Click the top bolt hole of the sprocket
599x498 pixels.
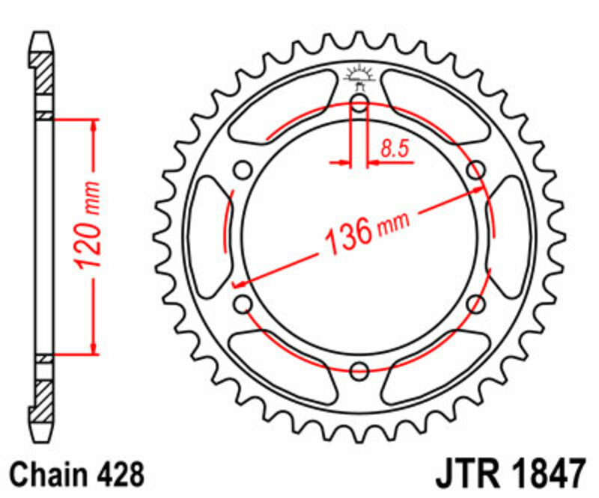[x=359, y=103]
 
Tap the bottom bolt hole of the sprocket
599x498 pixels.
[x=359, y=369]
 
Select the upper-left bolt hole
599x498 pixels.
[x=243, y=170]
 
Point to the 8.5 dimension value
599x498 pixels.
[x=394, y=149]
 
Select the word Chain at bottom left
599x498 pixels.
[x=48, y=474]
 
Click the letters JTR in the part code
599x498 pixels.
[x=463, y=474]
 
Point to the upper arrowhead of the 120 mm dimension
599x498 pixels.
[x=94, y=124]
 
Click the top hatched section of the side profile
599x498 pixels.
[x=44, y=75]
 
